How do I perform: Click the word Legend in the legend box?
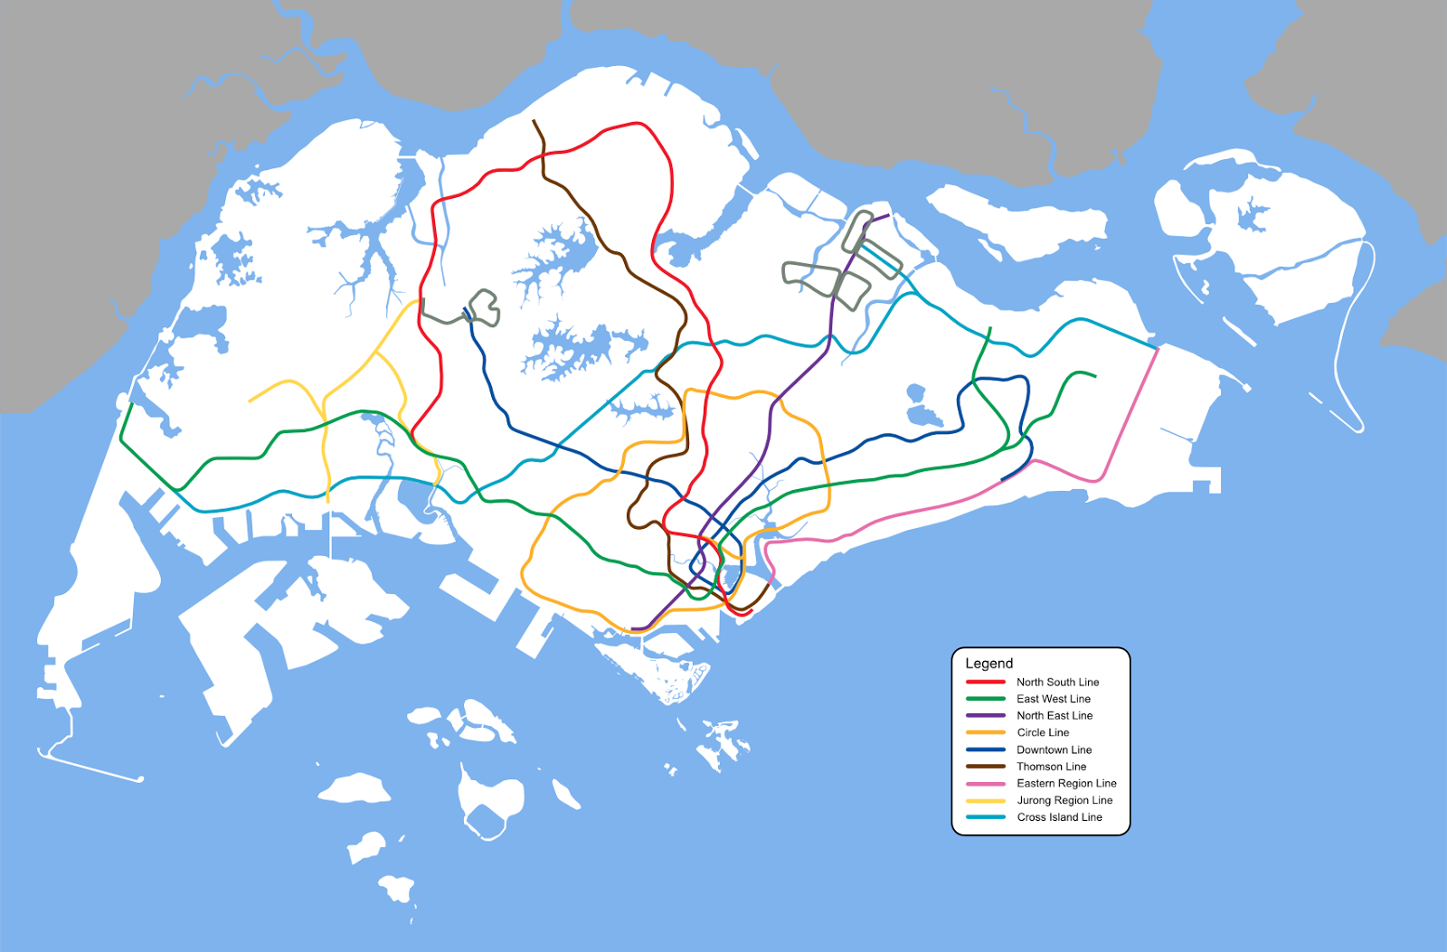(x=988, y=664)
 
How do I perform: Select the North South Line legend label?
(x=1057, y=683)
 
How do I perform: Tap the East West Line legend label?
(x=1053, y=699)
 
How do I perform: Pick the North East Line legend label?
(x=1054, y=716)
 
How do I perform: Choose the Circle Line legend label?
(x=1043, y=732)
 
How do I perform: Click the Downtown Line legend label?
(x=1054, y=749)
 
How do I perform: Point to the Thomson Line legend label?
(x=1051, y=767)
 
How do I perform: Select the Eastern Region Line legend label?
(x=1066, y=784)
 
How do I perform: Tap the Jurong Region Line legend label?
(x=1064, y=800)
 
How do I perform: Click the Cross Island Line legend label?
(x=1059, y=817)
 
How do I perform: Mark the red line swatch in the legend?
(x=985, y=683)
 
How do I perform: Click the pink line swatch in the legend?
(x=985, y=784)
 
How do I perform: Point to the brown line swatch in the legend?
(x=985, y=767)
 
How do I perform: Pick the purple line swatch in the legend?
(x=985, y=716)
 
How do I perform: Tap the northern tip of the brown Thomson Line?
(x=534, y=121)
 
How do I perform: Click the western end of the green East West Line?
(x=132, y=404)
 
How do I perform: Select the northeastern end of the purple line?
(x=888, y=215)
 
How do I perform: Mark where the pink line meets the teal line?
(x=1157, y=348)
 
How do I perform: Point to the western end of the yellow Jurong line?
(x=251, y=401)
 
